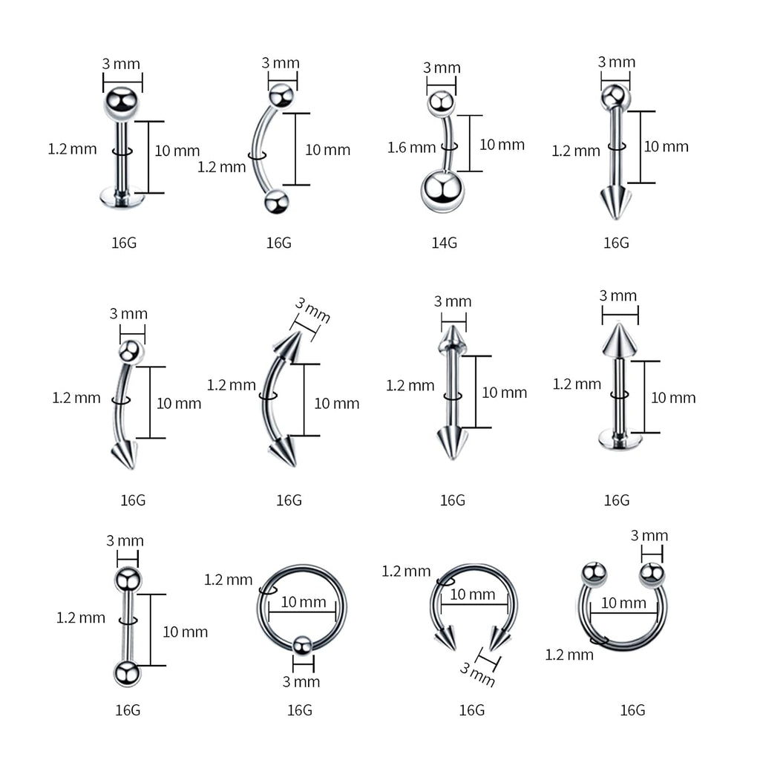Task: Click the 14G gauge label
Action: (445, 243)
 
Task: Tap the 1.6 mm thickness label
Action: (411, 148)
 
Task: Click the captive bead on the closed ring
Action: (301, 645)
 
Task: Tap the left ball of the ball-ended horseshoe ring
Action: (594, 573)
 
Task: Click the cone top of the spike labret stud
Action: (615, 339)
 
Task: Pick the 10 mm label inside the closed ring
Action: (302, 602)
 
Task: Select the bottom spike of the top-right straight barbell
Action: (615, 202)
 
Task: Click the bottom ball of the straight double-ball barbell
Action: (128, 672)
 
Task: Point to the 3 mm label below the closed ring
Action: (301, 681)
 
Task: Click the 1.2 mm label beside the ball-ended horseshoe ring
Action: (569, 654)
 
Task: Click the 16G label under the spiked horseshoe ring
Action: (471, 710)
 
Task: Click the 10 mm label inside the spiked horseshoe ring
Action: (473, 594)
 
